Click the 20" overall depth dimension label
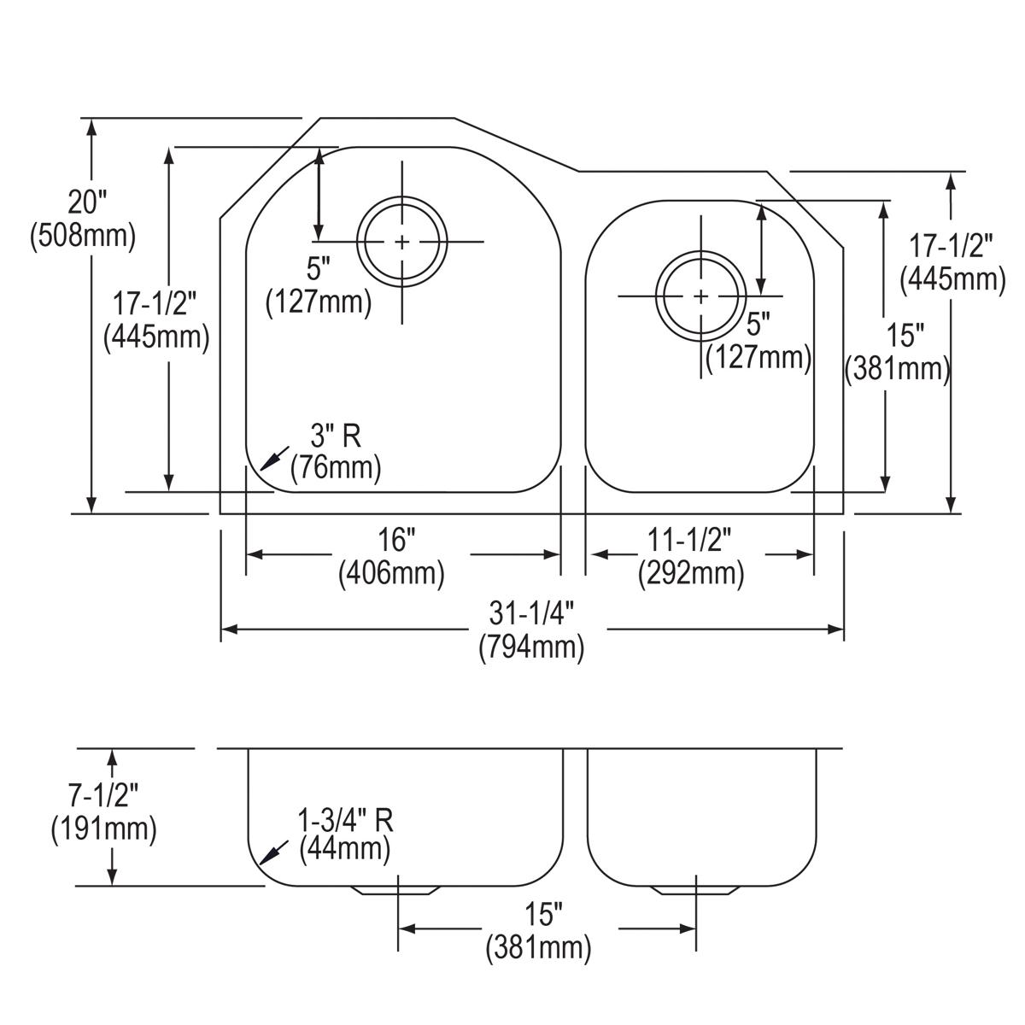(88, 202)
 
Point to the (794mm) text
(531, 648)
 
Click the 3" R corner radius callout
(335, 436)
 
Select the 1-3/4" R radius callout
(345, 820)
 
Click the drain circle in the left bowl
(401, 242)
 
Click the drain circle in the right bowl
(700, 296)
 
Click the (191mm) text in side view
(103, 828)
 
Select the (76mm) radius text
(336, 468)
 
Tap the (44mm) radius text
(345, 849)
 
